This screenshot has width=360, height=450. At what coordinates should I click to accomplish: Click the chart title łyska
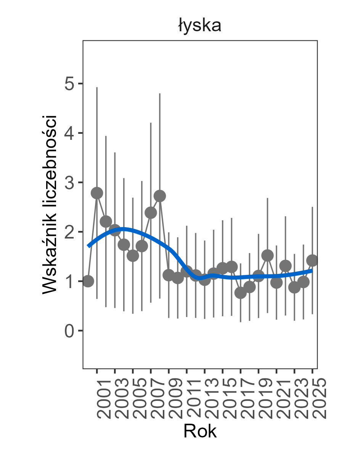point(199,26)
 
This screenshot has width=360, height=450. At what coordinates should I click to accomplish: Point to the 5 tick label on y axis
point(69,84)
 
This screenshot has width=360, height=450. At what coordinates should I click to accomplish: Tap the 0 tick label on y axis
point(69,331)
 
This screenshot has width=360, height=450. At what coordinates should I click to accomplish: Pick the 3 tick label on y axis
point(69,183)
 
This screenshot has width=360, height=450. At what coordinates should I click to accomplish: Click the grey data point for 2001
point(97,193)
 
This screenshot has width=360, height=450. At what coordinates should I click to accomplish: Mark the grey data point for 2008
point(160,196)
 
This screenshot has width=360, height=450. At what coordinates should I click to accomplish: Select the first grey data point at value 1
point(88,282)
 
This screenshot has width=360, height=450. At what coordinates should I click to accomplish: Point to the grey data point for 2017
point(241,293)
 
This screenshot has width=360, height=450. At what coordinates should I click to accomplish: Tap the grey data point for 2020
point(268,255)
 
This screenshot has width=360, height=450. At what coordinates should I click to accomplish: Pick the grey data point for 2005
point(133,255)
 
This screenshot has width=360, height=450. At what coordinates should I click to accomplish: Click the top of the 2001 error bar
point(97,88)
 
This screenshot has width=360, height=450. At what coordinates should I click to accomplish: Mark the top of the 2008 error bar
point(160,94)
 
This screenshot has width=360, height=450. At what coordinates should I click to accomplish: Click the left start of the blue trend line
point(88,246)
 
